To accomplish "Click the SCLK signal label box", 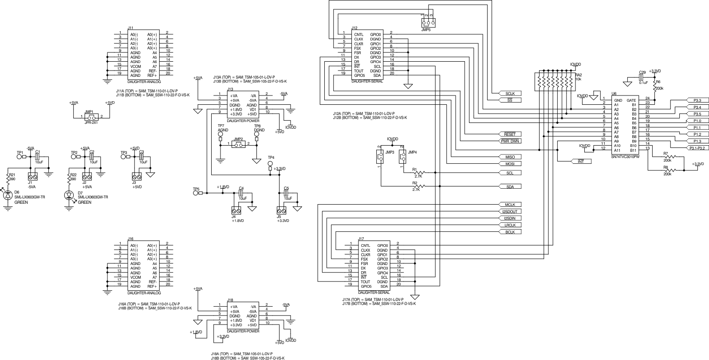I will pyautogui.click(x=510, y=94).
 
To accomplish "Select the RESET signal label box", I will pyautogui.click(x=510, y=134).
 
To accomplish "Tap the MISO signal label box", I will pyautogui.click(x=510, y=157).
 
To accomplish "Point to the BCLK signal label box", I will pyautogui.click(x=510, y=232).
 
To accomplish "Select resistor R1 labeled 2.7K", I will pyautogui.click(x=418, y=173).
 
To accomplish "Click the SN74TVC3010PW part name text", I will pyautogui.click(x=625, y=157).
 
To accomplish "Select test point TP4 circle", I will pyautogui.click(x=271, y=164).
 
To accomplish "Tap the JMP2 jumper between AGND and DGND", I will pyautogui.click(x=238, y=144).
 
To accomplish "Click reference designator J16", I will pyautogui.click(x=130, y=239).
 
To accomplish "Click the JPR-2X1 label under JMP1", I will pyautogui.click(x=91, y=122).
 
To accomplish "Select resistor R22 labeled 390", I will pyautogui.click(x=69, y=178).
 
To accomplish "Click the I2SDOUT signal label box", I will pyautogui.click(x=510, y=211).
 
